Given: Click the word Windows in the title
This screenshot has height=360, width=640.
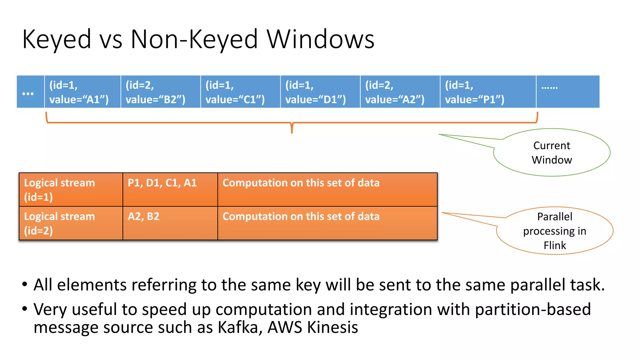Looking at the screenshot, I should (x=320, y=39).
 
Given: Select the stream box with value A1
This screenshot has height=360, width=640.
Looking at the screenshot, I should (x=82, y=92).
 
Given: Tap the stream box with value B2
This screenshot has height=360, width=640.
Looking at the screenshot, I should (x=161, y=92).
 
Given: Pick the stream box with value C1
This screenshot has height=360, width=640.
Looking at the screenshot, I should (x=240, y=92).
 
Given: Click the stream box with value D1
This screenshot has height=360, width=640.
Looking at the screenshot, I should (x=320, y=92).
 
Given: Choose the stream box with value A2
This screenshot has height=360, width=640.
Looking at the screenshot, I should (x=400, y=92).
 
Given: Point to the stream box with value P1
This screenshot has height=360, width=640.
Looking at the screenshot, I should (x=488, y=92).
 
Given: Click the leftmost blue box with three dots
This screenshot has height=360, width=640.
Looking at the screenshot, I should (x=30, y=92).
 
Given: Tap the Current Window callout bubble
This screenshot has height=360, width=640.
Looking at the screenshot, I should (x=552, y=152).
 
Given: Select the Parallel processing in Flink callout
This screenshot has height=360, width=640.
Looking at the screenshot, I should (x=555, y=231).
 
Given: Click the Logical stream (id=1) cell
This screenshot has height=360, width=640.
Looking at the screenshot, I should (x=71, y=190).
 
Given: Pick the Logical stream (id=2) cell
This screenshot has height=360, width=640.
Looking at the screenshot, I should (x=71, y=223).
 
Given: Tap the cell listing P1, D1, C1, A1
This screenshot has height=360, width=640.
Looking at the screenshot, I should (x=170, y=190).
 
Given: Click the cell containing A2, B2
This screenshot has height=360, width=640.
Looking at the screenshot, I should (x=170, y=223).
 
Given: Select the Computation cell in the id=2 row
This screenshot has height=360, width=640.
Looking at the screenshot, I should (x=327, y=223).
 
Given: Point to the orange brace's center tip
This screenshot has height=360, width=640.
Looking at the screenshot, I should (x=292, y=131).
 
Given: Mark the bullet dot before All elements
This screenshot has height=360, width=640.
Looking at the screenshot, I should (x=25, y=285).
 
